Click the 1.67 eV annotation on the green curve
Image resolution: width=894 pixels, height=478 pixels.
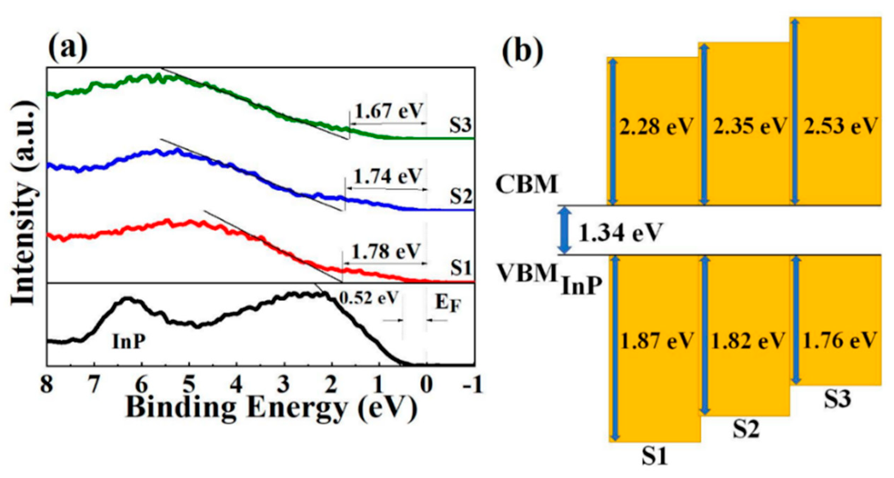[389, 111]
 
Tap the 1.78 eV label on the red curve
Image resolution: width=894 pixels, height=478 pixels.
[386, 251]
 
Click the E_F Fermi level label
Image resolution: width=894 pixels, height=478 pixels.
[447, 303]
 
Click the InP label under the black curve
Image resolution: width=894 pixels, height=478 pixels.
[129, 341]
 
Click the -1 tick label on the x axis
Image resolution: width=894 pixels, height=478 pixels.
[472, 384]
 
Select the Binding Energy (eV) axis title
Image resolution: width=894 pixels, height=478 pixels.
[271, 408]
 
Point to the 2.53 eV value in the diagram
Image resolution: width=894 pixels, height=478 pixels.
[840, 126]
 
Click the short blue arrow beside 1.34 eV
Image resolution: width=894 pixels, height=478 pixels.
[565, 230]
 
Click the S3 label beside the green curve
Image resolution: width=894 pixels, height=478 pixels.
[460, 125]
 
